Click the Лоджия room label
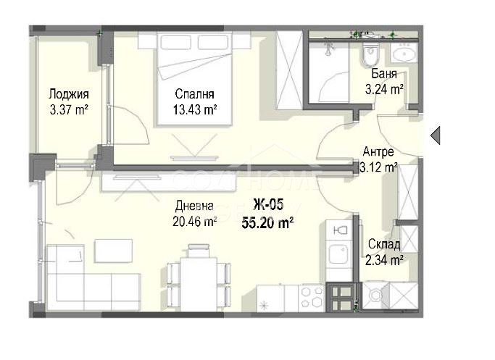[x=69, y=94]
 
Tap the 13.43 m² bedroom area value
[x=194, y=110]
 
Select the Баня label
[x=384, y=73]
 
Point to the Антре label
[x=378, y=151]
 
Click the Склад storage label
[x=384, y=244]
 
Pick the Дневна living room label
[x=194, y=206]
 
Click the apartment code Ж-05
[x=268, y=204]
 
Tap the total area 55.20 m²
[x=267, y=223]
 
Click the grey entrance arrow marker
[x=436, y=135]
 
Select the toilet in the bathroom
[x=370, y=56]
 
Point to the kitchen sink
[x=338, y=253]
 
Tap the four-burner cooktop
[x=312, y=298]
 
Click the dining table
[x=199, y=284]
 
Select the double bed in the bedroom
[x=194, y=79]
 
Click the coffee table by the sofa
[x=113, y=251]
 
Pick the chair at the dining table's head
[x=199, y=251]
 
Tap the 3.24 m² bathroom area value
[x=384, y=90]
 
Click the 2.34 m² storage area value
[x=384, y=260]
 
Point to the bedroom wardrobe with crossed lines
[x=289, y=70]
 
